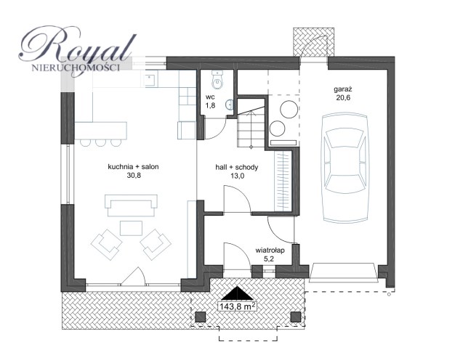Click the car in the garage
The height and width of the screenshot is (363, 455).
click(345, 168)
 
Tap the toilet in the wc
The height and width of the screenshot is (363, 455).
click(217, 80)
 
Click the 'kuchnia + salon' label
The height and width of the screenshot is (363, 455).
click(133, 167)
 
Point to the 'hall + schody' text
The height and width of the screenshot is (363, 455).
click(236, 167)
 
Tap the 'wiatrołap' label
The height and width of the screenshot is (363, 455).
click(270, 250)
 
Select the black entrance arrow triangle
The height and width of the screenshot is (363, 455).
click(238, 293)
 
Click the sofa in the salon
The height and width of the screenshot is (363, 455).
click(131, 205)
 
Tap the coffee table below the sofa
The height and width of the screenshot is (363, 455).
click(131, 228)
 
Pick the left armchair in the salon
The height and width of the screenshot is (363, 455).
click(107, 245)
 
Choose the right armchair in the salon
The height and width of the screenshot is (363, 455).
click(156, 245)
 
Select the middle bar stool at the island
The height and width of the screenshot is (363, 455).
click(101, 142)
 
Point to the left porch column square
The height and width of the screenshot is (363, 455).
click(200, 317)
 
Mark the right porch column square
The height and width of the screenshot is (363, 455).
click(296, 317)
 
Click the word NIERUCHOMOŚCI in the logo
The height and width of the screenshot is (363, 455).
click(76, 68)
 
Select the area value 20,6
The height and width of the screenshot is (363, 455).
click(343, 97)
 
